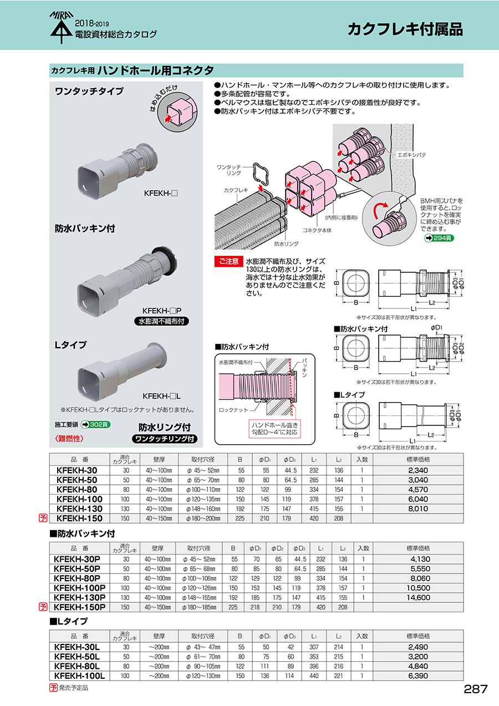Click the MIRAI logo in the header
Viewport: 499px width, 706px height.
point(62,27)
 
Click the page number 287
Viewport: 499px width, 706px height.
point(475,689)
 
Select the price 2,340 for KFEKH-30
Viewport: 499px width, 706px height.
point(417,470)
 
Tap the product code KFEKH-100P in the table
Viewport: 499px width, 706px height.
point(79,588)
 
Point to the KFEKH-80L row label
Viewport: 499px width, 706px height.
point(77,666)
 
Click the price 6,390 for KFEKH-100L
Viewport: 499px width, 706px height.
point(417,675)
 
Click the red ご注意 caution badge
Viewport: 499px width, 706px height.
point(228,261)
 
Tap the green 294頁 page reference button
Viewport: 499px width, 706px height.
point(439,238)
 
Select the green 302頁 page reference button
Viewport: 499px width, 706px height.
point(95,425)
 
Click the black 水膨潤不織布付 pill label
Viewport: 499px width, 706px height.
point(161,321)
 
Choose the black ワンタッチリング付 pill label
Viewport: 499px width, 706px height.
point(164,439)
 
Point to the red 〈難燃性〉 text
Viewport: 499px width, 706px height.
point(69,439)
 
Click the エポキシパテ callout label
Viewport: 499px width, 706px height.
point(411,155)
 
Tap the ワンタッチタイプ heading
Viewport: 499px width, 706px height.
point(89,92)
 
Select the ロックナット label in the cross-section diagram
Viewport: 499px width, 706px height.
point(233,410)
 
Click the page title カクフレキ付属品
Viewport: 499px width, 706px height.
point(405,29)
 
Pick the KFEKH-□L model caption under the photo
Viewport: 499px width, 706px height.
point(161,396)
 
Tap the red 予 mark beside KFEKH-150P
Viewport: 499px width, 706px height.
point(43,607)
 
